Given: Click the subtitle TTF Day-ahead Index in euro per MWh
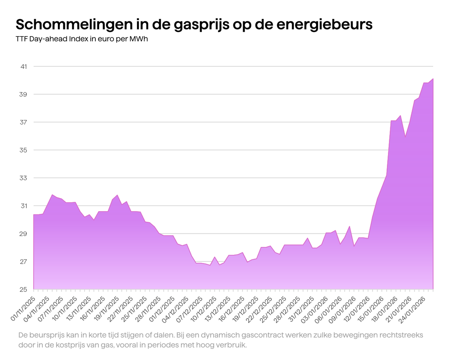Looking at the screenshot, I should (82, 39).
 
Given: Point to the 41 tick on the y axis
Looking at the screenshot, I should (24, 66).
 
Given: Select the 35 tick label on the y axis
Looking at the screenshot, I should (24, 150).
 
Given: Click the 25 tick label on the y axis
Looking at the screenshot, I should (24, 289).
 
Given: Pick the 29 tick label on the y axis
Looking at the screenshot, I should (24, 234).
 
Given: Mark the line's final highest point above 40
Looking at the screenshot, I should (433, 79).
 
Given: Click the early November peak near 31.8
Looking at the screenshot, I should (52, 195).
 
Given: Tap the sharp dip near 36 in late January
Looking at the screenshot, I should (405, 137).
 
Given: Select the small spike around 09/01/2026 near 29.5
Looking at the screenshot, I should (349, 226).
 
